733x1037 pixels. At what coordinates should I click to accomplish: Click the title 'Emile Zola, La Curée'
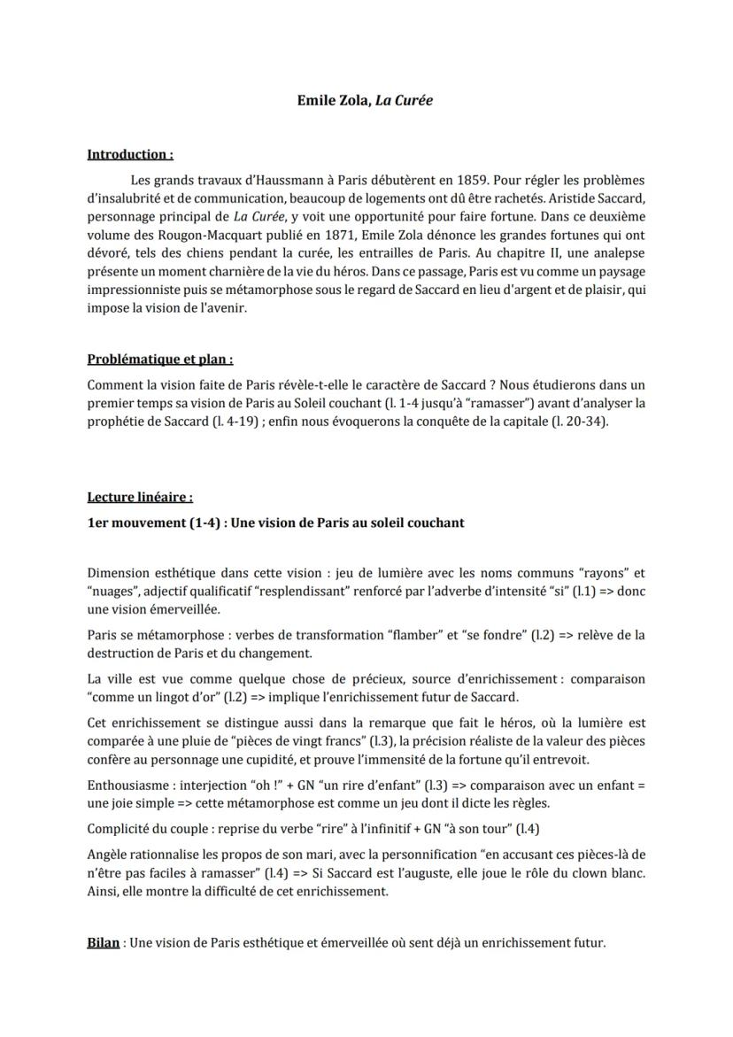tap(365, 101)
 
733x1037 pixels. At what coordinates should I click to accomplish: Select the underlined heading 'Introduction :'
tap(129, 155)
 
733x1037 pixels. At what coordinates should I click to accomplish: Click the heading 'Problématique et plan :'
tap(160, 360)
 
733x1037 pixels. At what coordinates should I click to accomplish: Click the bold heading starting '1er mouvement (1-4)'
tap(275, 522)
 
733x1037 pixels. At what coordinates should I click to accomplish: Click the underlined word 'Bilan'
tap(104, 943)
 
